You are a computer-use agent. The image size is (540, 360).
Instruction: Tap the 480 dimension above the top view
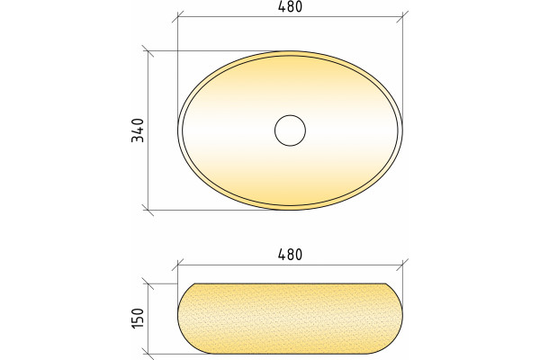[290, 6]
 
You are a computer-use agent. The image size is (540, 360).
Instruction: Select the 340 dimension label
[138, 130]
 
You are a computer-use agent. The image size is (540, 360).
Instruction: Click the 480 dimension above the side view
[290, 255]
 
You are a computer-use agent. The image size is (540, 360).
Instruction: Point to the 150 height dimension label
[138, 319]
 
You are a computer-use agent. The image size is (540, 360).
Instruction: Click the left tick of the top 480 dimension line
[177, 16]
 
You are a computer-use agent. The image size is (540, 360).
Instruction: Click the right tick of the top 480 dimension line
[402, 16]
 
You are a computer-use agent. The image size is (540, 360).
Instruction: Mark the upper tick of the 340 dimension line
[148, 51]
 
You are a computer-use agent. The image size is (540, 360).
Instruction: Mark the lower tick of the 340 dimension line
[148, 210]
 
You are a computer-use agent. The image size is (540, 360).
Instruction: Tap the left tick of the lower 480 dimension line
[177, 265]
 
